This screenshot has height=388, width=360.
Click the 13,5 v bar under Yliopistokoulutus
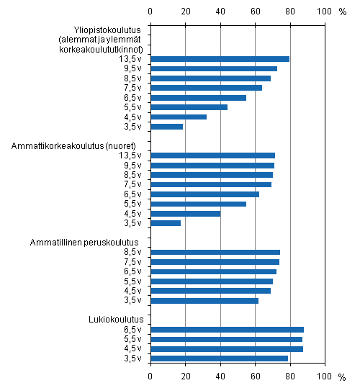pyautogui.click(x=220, y=59)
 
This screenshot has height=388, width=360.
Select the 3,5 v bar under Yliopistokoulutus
pyautogui.click(x=166, y=126)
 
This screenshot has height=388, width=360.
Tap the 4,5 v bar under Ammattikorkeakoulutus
pyautogui.click(x=185, y=213)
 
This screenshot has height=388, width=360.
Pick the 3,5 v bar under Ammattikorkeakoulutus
pyautogui.click(x=166, y=223)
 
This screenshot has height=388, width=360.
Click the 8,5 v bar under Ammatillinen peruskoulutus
pyautogui.click(x=215, y=252)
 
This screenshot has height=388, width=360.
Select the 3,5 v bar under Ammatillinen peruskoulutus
pyautogui.click(x=204, y=300)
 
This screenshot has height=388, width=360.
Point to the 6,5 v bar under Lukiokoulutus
pyautogui.click(x=227, y=329)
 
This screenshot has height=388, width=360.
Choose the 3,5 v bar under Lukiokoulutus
pyautogui.click(x=219, y=358)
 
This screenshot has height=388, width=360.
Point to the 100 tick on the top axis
pyautogui.click(x=325, y=12)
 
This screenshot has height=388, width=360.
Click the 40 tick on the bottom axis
pyautogui.click(x=220, y=376)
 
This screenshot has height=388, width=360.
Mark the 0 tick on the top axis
pyautogui.click(x=150, y=12)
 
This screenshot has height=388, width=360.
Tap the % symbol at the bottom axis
pyautogui.click(x=342, y=376)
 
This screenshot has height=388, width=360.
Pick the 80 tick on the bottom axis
pyautogui.click(x=290, y=376)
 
